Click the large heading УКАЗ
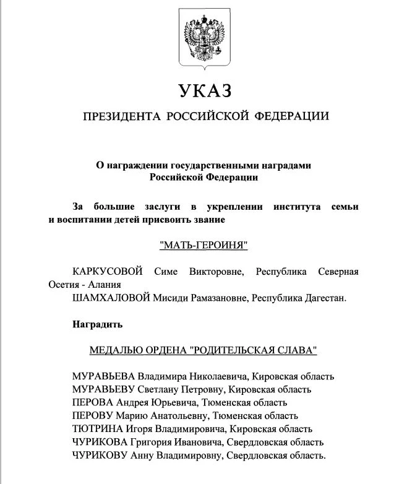pos(204,92)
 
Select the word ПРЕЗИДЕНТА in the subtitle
pos(121,116)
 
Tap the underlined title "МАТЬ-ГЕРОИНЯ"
pos(204,246)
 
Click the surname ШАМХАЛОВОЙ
pos(111,298)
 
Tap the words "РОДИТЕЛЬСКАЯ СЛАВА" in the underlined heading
pos(254,350)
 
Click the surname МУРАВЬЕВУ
pos(103,389)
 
